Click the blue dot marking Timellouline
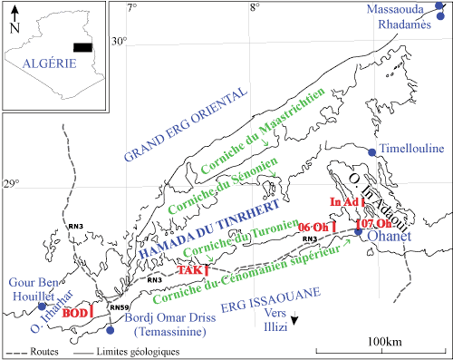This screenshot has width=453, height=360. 372,151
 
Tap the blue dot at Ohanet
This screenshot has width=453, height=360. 359,233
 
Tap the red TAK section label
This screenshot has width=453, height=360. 190,270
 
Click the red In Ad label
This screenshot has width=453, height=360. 343,202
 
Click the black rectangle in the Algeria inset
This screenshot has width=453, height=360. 82,47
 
